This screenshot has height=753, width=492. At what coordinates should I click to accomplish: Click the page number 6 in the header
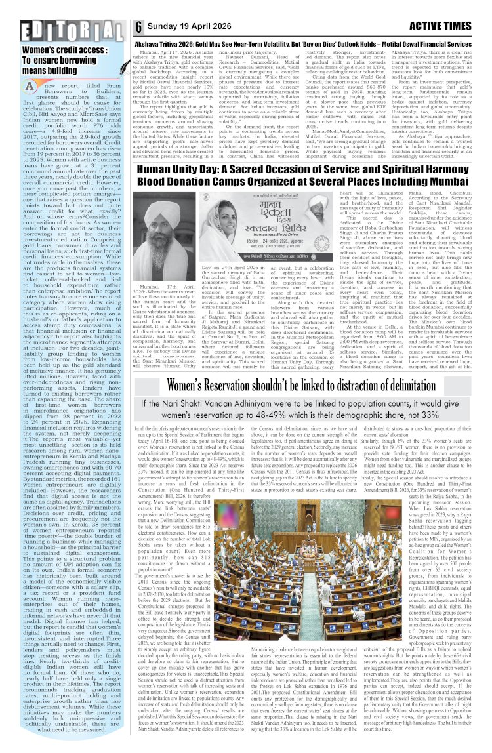tap(140, 27)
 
